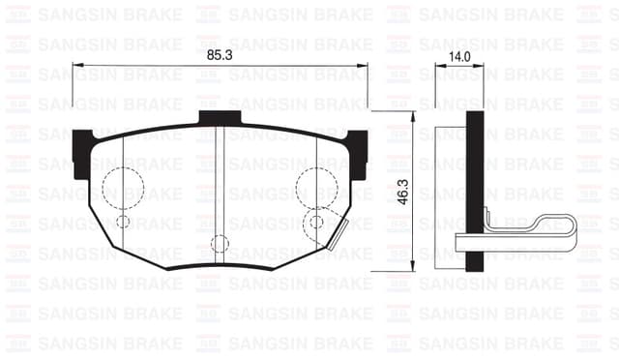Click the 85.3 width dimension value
coord(220,56)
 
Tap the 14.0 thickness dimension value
coord(459,57)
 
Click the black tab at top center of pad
coord(220,117)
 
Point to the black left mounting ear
coord(81,155)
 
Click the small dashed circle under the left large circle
coord(123,222)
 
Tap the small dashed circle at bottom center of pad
coord(220,244)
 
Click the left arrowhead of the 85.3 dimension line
coord(77,66)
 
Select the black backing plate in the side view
coord(474,190)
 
